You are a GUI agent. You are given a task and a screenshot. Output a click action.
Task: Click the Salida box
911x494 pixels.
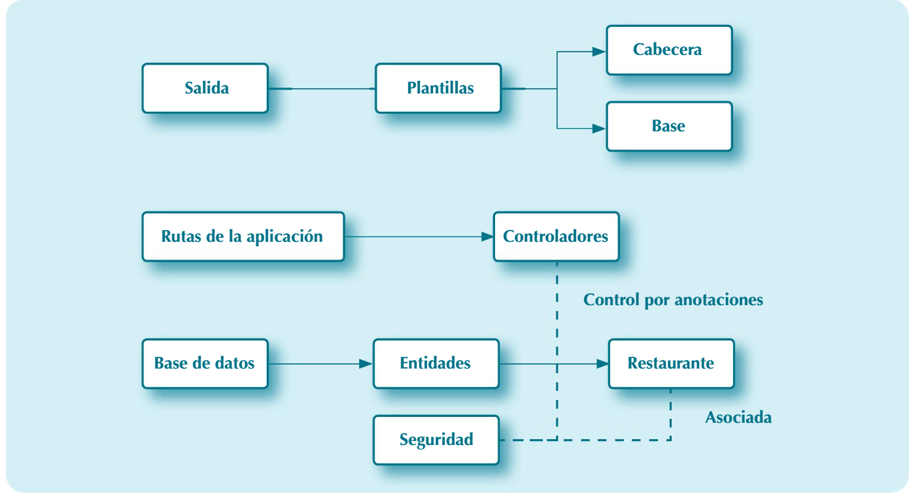[205, 88]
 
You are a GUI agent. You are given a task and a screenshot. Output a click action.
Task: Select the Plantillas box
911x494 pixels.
[438, 88]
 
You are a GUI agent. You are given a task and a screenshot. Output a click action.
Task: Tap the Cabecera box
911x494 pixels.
[669, 50]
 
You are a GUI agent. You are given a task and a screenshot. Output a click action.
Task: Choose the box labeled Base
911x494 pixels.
[669, 126]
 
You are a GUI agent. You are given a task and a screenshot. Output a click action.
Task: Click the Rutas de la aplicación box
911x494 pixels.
[243, 237]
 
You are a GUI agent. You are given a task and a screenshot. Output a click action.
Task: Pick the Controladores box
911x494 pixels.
[556, 237]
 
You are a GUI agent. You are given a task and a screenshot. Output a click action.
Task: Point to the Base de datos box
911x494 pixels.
[205, 363]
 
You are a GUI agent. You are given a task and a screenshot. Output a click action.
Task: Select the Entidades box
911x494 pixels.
[436, 363]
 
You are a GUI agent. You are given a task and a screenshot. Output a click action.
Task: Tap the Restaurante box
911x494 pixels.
[671, 363]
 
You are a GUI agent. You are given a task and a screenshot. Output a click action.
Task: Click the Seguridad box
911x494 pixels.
[436, 440]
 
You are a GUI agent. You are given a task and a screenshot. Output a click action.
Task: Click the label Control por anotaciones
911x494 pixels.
[673, 300]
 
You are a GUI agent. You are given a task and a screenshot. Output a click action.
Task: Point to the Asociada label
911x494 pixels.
[738, 418]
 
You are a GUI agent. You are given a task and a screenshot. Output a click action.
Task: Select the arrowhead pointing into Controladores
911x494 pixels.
[487, 237]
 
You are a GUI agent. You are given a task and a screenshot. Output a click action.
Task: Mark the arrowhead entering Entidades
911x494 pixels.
[366, 364]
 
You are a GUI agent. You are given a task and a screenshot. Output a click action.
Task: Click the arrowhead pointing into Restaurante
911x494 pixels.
[602, 364]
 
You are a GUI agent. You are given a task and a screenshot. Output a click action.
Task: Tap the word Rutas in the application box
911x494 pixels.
[180, 237]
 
